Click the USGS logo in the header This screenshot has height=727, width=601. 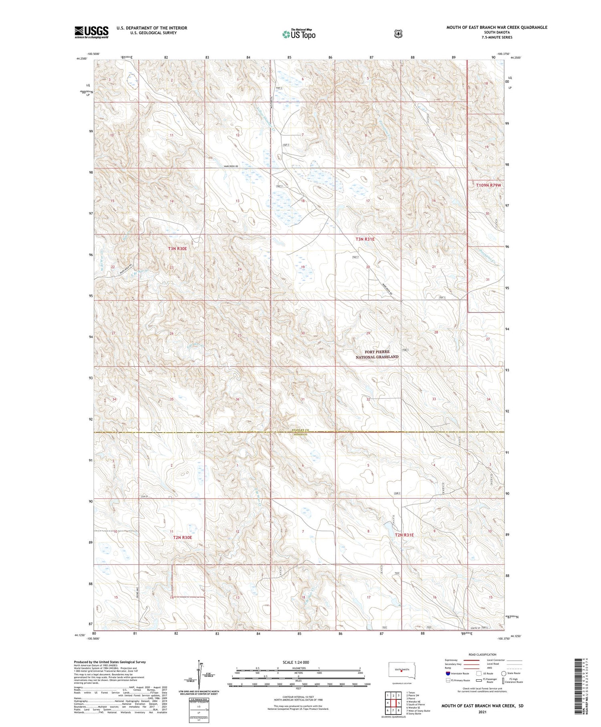click(x=91, y=32)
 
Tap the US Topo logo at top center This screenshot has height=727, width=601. click(x=298, y=34)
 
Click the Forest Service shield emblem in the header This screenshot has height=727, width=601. click(x=397, y=34)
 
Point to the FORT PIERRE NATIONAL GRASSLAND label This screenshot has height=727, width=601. click(x=377, y=354)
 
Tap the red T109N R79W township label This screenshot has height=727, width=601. click(x=488, y=185)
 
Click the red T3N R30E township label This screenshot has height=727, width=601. click(x=177, y=249)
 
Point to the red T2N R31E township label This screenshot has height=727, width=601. click(x=404, y=535)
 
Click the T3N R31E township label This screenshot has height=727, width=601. click(x=365, y=239)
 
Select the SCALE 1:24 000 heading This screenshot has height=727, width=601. click(x=296, y=662)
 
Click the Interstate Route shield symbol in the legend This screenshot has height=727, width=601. click(x=448, y=673)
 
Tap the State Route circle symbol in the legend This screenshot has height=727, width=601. click(x=504, y=673)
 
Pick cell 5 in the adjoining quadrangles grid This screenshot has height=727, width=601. click(x=399, y=703)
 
